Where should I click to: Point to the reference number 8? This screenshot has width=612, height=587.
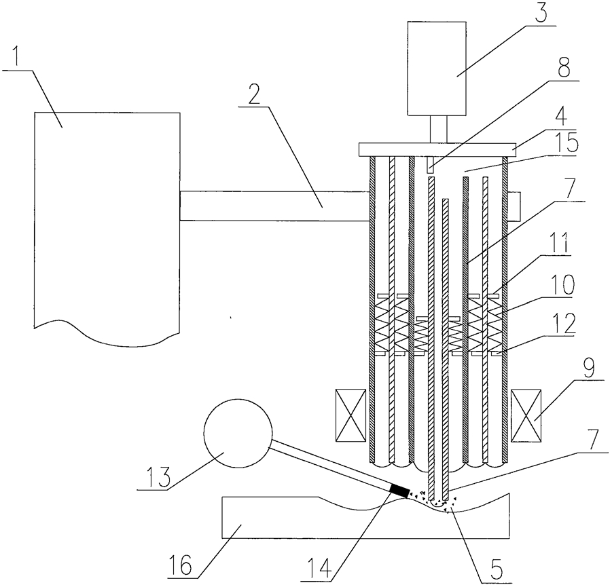click(563, 69)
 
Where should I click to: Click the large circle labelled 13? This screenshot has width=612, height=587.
click(238, 433)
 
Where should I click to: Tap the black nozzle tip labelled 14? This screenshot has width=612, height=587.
click(399, 489)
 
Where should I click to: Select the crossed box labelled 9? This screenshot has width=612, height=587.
click(526, 416)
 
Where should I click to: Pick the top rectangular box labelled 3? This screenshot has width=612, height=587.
click(437, 69)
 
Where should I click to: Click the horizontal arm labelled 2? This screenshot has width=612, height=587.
click(274, 206)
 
